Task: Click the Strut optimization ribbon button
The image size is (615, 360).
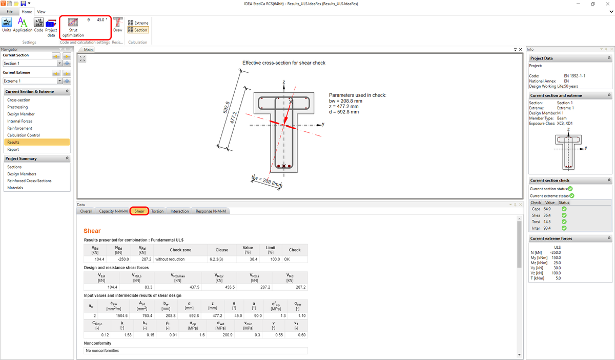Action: (x=73, y=27)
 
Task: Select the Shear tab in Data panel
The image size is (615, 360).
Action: (x=139, y=211)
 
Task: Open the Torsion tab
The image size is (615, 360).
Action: (x=157, y=211)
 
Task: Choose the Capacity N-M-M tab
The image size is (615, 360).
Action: (x=113, y=211)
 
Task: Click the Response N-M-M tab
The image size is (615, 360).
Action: (x=210, y=211)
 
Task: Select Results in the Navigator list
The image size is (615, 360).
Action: (x=13, y=142)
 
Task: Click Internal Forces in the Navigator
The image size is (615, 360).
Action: (x=19, y=121)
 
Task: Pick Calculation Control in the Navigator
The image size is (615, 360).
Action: (x=23, y=135)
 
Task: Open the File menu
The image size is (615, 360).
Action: (x=9, y=11)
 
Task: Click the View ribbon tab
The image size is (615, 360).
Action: (x=41, y=11)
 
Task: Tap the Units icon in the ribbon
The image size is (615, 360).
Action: (x=7, y=24)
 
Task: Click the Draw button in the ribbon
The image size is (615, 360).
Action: (x=118, y=24)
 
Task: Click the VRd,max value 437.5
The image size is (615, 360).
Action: (x=177, y=287)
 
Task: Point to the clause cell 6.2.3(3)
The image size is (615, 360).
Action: (x=222, y=259)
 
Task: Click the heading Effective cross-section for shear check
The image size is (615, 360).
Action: (x=283, y=63)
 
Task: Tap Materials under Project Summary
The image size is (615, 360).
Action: (x=15, y=188)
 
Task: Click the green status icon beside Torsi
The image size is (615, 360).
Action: (x=564, y=222)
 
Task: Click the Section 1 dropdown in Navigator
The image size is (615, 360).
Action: (x=33, y=63)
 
